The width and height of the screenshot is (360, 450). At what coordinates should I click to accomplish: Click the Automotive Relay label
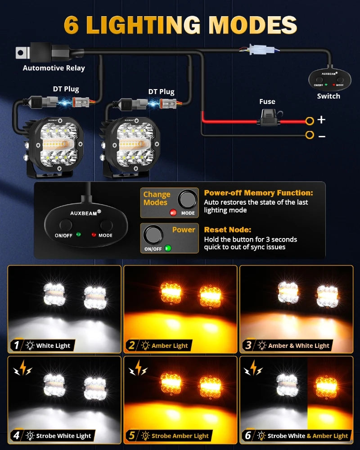point(54,68)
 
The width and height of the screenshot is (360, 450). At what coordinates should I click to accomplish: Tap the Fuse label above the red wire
point(267,102)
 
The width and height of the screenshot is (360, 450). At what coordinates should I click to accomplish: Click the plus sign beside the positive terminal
point(322,120)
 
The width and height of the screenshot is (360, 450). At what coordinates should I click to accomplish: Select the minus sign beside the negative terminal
point(322,135)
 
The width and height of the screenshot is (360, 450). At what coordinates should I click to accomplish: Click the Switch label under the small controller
point(328,96)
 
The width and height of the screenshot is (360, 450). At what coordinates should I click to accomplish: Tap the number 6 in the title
point(72,25)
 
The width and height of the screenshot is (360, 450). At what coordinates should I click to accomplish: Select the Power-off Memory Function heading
point(258,193)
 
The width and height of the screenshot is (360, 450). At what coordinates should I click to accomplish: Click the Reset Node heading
point(228,229)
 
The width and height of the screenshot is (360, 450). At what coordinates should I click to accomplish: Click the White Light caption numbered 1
point(53,346)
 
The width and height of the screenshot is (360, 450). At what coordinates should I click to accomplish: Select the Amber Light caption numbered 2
point(170,346)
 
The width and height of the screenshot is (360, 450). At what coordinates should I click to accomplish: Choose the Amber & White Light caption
point(299,346)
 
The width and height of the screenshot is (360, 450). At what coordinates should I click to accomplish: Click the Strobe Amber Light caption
point(180,436)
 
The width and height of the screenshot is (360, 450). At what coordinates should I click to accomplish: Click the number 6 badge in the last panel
point(248,435)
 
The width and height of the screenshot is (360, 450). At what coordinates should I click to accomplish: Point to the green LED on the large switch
point(78,234)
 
